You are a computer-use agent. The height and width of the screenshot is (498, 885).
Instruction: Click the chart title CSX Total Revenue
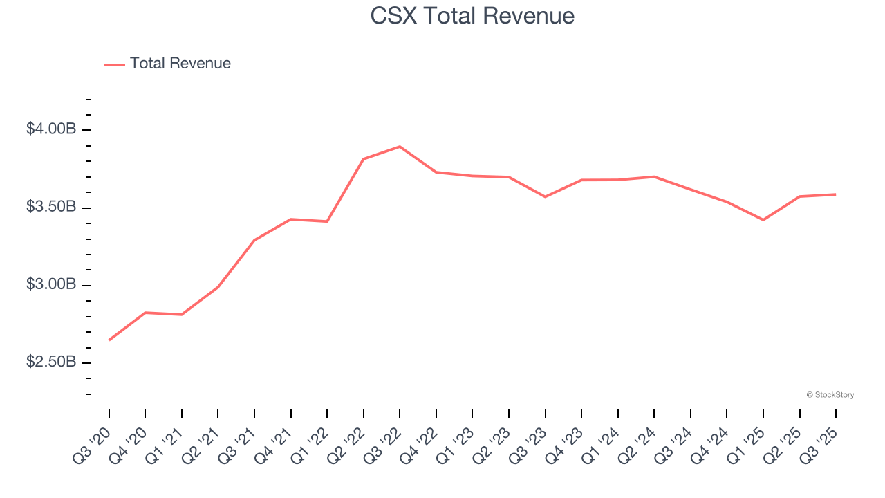[x=472, y=15]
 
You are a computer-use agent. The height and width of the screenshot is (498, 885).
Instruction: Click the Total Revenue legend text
[x=180, y=64]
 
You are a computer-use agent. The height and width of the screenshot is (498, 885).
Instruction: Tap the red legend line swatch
[x=114, y=64]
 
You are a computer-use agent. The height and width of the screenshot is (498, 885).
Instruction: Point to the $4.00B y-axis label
[x=51, y=129]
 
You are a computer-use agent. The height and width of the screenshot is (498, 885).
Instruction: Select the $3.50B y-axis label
[x=51, y=207]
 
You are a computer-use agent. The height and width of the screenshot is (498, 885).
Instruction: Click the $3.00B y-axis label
[x=51, y=284]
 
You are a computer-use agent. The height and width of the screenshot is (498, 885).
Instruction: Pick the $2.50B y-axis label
[x=51, y=362]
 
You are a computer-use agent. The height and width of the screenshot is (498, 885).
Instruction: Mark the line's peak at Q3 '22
[x=400, y=147]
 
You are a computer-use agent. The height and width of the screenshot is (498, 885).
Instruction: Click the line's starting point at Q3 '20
[x=109, y=340]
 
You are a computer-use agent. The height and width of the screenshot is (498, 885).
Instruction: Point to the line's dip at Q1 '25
[x=763, y=220]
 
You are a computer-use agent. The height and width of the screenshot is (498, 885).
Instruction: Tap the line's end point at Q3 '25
[x=836, y=194]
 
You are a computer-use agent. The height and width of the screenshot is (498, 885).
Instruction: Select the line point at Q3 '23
[x=545, y=196]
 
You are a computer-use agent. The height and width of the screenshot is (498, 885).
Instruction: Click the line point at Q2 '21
[x=218, y=286]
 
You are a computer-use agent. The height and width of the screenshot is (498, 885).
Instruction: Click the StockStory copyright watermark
[x=830, y=395]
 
